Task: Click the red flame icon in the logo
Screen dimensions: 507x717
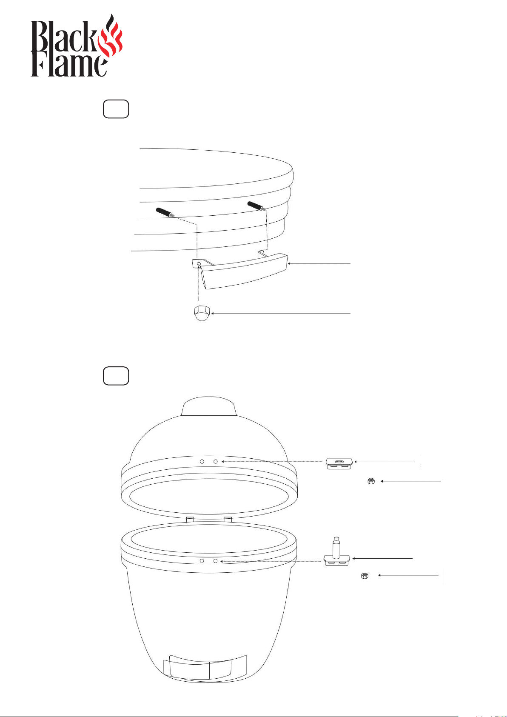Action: (110, 37)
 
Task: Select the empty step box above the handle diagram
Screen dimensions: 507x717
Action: (116, 109)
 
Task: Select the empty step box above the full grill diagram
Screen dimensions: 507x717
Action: (116, 375)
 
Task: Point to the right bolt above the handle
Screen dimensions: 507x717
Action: (257, 206)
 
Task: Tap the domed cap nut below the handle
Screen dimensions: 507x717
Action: (202, 313)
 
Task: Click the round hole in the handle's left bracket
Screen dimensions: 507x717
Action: (199, 264)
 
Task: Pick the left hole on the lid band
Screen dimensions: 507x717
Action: (202, 462)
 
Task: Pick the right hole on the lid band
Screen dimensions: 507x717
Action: (216, 462)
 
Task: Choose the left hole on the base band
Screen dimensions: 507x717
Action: (202, 561)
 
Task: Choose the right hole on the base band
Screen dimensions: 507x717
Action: (215, 561)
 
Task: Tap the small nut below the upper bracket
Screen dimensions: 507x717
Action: (371, 481)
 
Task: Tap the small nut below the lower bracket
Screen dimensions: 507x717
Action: (365, 576)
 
